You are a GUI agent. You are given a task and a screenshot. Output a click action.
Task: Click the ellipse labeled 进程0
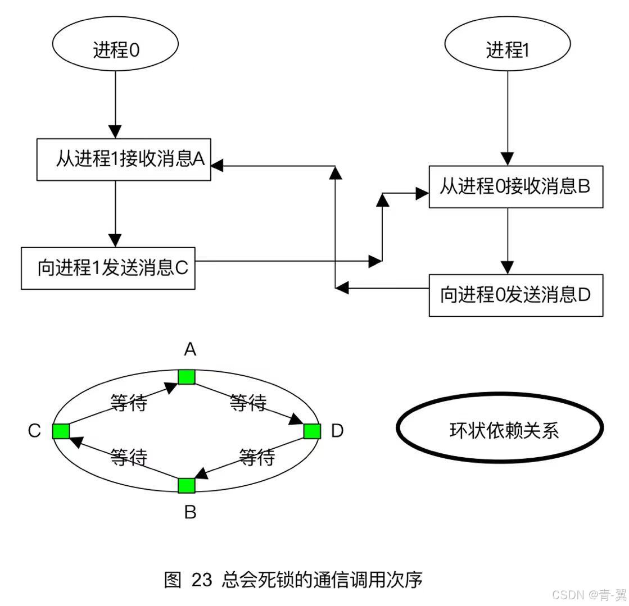[115, 51]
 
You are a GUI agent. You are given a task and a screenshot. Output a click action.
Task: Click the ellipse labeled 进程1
[508, 51]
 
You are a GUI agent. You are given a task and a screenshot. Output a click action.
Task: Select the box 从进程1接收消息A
[124, 160]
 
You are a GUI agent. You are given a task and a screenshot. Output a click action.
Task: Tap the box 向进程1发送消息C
[108, 268]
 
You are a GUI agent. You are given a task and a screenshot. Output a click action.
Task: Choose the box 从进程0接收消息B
[515, 186]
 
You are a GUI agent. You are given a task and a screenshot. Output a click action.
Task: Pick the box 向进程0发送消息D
[515, 295]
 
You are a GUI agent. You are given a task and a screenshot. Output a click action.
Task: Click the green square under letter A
[187, 376]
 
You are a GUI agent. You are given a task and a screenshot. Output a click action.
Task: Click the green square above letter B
[187, 485]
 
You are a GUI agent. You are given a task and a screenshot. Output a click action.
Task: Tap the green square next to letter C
[61, 431]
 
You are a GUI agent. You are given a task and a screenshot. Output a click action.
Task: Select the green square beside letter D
[312, 431]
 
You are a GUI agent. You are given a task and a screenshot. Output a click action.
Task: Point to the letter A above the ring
[190, 350]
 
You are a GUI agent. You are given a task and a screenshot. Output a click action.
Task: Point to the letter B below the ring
[190, 512]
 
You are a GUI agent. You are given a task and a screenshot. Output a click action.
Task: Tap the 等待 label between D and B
[257, 457]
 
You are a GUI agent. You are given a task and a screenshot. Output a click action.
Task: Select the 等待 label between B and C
[129, 457]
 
